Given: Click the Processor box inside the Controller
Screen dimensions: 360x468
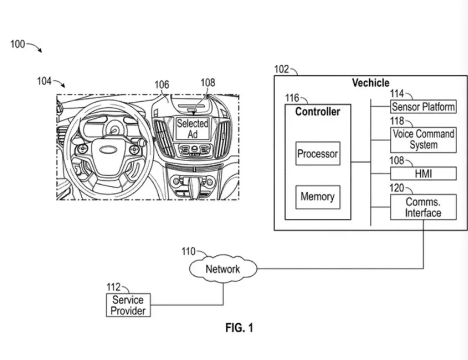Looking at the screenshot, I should pyautogui.click(x=318, y=154).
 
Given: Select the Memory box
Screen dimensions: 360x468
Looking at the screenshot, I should pyautogui.click(x=317, y=197).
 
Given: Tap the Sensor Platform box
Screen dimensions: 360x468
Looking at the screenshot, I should pyautogui.click(x=423, y=106).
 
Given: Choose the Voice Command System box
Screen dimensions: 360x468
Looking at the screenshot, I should pyautogui.click(x=423, y=140).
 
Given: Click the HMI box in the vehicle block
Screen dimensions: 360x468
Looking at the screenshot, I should pyautogui.click(x=423, y=173).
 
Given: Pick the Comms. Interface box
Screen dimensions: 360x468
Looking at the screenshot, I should pyautogui.click(x=423, y=207).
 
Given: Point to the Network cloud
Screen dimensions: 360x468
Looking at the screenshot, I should pyautogui.click(x=223, y=269).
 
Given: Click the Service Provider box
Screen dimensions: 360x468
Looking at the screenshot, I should pyautogui.click(x=128, y=305).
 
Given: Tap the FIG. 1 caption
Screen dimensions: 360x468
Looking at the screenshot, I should pyautogui.click(x=239, y=328).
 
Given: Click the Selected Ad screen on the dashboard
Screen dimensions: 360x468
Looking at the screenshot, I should pyautogui.click(x=193, y=129).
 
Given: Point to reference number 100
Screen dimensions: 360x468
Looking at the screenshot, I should pyautogui.click(x=17, y=44).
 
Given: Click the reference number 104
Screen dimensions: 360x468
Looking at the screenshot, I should pyautogui.click(x=44, y=81).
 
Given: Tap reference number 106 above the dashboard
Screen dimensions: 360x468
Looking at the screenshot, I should pyautogui.click(x=162, y=85).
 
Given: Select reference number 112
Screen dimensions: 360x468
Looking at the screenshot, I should pyautogui.click(x=113, y=287).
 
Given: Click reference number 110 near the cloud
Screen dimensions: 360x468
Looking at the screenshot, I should pyautogui.click(x=188, y=251).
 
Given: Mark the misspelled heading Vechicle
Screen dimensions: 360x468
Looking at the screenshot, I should pyautogui.click(x=370, y=83).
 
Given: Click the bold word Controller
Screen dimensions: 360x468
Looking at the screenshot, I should pyautogui.click(x=317, y=111).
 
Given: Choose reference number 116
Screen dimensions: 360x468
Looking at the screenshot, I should pyautogui.click(x=292, y=98).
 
